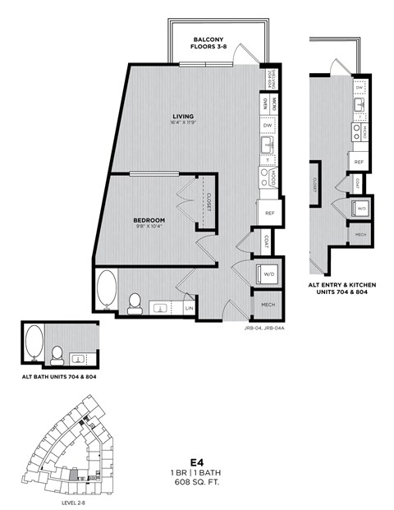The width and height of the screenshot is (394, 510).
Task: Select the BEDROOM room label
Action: (x=150, y=220)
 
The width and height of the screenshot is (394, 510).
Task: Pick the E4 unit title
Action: (x=196, y=462)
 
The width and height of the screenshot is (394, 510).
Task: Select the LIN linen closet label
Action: (x=190, y=307)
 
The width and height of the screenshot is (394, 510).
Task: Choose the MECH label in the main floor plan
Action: (x=268, y=304)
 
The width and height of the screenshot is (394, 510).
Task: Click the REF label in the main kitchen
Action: (x=270, y=213)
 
